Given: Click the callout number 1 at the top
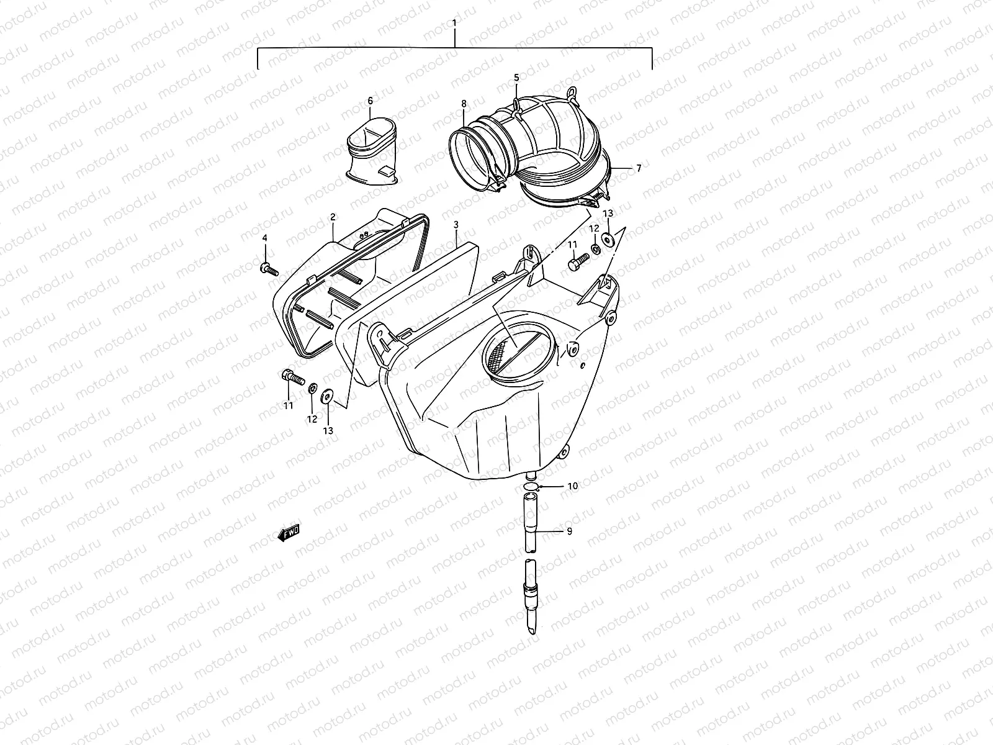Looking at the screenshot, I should [454, 23].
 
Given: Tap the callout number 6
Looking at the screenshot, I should [371, 101].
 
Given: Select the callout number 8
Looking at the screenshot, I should [464, 104].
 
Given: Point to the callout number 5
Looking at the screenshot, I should [516, 78].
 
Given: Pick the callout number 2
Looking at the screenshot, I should [333, 217].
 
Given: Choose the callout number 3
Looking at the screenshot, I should [456, 225].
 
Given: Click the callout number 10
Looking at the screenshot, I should [572, 485].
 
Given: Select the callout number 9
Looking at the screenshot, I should [569, 531].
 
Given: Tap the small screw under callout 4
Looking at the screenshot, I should [269, 269].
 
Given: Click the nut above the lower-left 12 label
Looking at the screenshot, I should [313, 388].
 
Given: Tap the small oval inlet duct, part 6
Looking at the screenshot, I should [372, 151].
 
